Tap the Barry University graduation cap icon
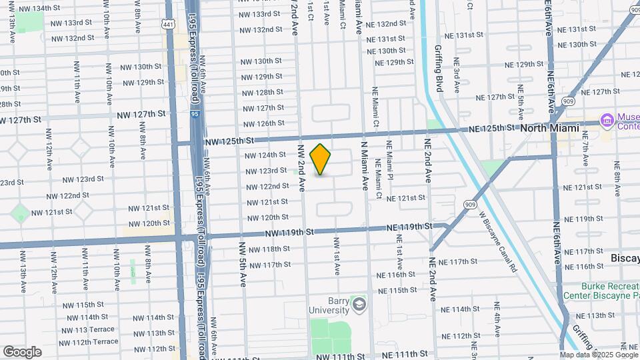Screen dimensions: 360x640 click(360, 305)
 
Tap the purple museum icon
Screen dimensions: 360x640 click(607, 121)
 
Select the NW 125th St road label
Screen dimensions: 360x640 click(229, 142)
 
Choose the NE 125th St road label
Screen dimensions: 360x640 click(493, 128)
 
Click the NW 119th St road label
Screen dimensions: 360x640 click(289, 233)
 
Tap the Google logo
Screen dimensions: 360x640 click(22, 351)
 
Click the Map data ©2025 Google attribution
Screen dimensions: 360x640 click(597, 355)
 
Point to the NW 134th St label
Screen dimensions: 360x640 click(43, 9)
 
